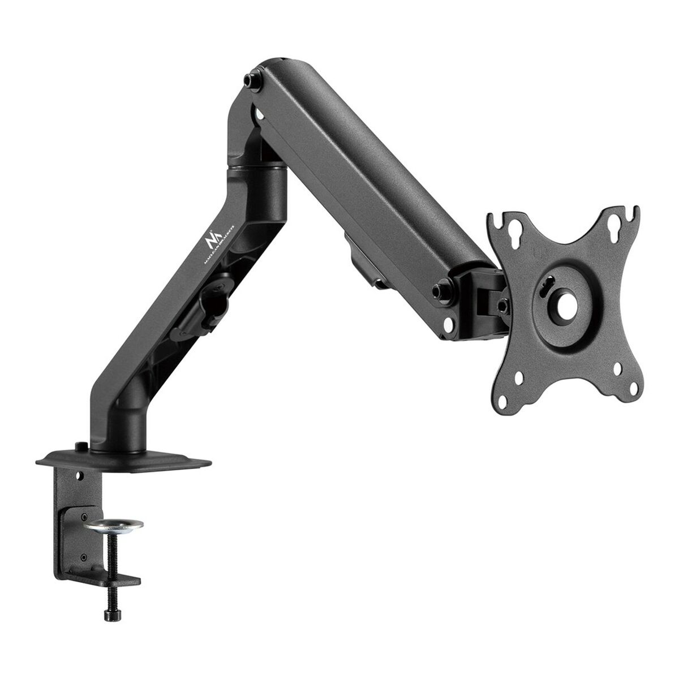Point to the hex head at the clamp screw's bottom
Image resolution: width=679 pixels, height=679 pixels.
(109, 616)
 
